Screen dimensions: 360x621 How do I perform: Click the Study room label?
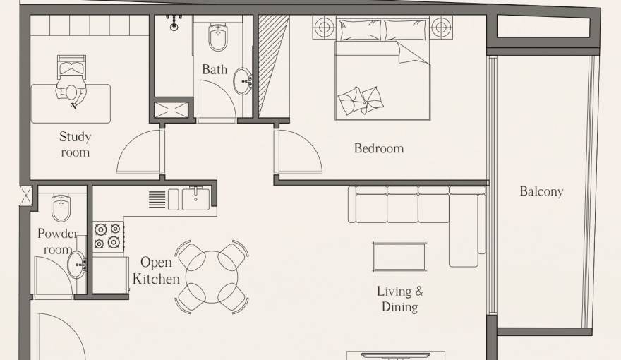(x=75, y=144)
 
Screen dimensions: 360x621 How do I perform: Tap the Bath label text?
(x=215, y=69)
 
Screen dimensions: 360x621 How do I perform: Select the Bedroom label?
(x=379, y=148)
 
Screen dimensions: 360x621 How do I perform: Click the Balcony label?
(x=541, y=191)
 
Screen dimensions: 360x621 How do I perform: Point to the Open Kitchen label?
(x=156, y=271)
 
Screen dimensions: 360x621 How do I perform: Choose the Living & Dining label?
(x=399, y=299)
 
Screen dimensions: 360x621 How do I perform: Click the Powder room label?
(x=57, y=241)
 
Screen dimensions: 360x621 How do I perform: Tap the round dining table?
(x=211, y=276)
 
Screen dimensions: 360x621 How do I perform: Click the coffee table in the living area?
(x=399, y=256)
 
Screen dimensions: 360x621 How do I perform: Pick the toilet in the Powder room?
(x=61, y=208)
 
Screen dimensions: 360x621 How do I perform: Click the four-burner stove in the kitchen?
(x=108, y=236)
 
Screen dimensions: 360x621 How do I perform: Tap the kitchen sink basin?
(x=195, y=199)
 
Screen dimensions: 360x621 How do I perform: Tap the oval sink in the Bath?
(x=243, y=80)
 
